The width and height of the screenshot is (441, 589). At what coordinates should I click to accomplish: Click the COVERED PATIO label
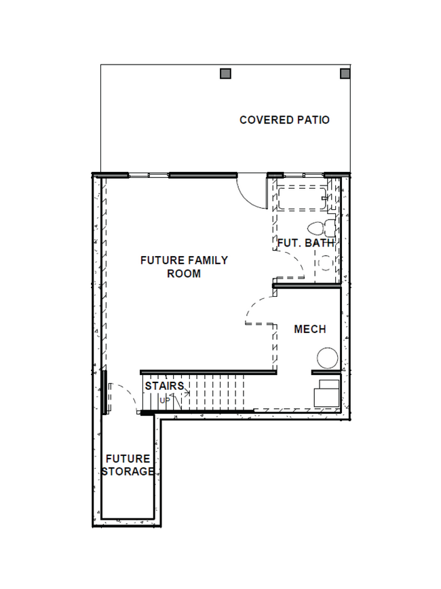click(x=284, y=120)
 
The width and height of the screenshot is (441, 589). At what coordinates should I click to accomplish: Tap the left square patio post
click(x=227, y=73)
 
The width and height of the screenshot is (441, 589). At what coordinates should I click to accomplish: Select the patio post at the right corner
click(x=345, y=73)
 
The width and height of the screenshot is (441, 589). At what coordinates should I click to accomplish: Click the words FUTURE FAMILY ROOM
click(x=184, y=267)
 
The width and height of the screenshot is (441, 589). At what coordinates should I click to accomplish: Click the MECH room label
click(x=309, y=329)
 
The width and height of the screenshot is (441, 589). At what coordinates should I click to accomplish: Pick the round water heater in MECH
click(x=328, y=358)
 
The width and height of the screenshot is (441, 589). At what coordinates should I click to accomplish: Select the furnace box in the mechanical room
click(x=327, y=393)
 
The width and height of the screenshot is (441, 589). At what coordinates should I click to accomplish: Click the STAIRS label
click(x=164, y=387)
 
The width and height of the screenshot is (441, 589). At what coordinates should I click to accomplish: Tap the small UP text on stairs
click(x=165, y=400)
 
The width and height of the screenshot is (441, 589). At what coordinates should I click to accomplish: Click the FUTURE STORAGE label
click(x=128, y=465)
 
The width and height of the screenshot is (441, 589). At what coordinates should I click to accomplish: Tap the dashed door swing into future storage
click(x=123, y=394)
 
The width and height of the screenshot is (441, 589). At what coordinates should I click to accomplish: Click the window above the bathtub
click(x=299, y=175)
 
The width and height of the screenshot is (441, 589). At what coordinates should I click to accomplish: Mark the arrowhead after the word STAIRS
click(x=187, y=393)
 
